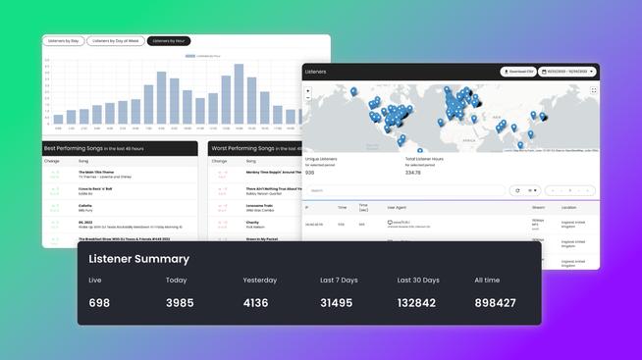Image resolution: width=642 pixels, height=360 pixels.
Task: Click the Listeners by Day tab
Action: (x=63, y=41)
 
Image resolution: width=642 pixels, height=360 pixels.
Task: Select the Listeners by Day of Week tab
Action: (x=115, y=41)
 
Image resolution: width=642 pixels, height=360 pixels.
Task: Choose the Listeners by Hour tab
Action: (x=169, y=41)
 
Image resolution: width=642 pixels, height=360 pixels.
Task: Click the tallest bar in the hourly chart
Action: (x=239, y=94)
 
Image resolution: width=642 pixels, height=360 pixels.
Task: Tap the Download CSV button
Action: (x=519, y=72)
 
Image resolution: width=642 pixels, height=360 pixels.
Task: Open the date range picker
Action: (x=567, y=72)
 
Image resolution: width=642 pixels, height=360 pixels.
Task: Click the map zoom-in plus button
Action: (x=308, y=91)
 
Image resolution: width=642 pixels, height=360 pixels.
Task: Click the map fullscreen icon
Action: (x=593, y=90)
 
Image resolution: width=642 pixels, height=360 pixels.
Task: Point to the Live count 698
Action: (x=99, y=303)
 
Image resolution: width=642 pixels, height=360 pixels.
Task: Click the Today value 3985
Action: (x=180, y=303)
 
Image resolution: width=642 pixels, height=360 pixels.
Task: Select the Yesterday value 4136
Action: (x=255, y=303)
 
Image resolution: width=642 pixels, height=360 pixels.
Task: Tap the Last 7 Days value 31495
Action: (x=336, y=303)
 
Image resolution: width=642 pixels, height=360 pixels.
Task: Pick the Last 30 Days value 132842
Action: (x=417, y=303)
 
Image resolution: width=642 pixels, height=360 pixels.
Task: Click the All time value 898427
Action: (x=495, y=303)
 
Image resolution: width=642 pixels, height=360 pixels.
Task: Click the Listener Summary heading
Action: (x=138, y=259)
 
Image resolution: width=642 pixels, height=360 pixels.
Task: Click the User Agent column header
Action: (x=397, y=208)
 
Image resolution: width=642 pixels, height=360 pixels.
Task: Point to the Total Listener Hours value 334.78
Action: (x=412, y=173)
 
